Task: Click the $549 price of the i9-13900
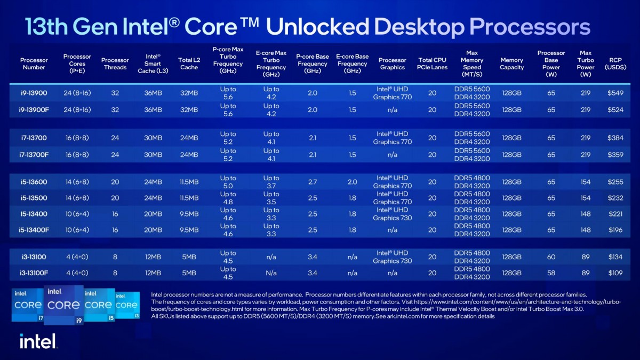[615, 93]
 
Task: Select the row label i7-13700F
[34, 155]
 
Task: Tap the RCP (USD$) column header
[615, 64]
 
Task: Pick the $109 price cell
[615, 273]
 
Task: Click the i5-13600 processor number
[34, 182]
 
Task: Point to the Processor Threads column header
[115, 64]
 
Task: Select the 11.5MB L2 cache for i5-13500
[188, 198]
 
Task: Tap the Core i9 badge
[63, 305]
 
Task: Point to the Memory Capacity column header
[511, 64]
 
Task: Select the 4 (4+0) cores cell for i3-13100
[77, 257]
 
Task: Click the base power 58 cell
[551, 273]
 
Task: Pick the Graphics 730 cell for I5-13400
[393, 214]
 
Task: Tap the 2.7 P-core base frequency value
[313, 182]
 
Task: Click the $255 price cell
[615, 182]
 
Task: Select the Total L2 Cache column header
[188, 64]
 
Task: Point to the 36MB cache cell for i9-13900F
[153, 109]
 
